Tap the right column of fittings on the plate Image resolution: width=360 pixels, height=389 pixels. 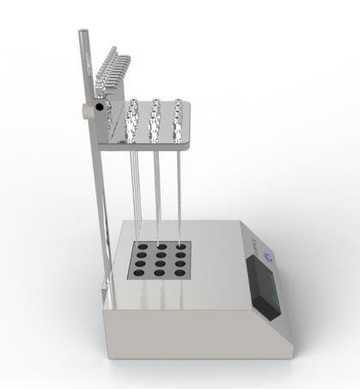pos(178,119)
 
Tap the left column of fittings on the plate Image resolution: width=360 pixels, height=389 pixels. pos(132,120)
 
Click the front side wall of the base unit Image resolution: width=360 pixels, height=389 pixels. pos(189,331)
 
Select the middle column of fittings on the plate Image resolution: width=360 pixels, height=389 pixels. pos(156,119)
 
